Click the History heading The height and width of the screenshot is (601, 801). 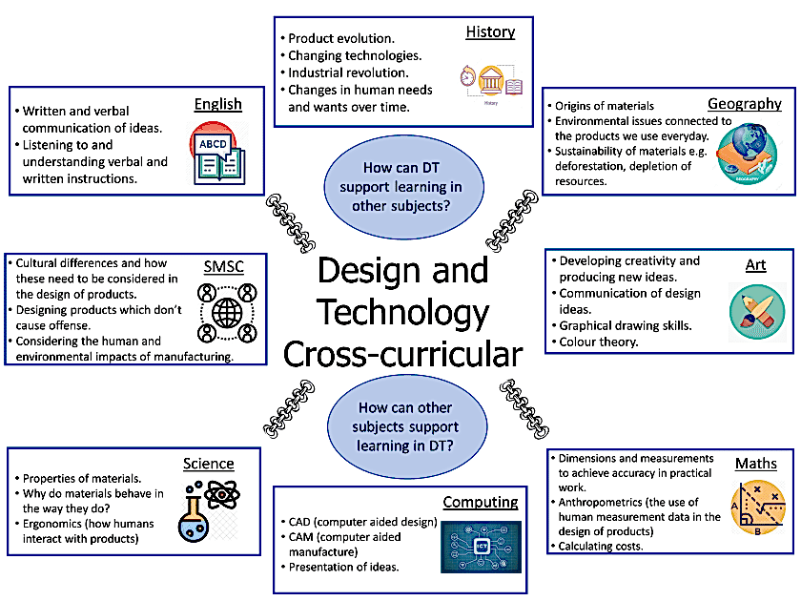coord(490,32)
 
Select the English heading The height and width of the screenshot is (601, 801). coord(217,104)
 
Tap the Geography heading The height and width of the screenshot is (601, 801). coord(744,104)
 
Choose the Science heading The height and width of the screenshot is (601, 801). coord(208,464)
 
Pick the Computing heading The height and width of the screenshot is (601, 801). coord(480,502)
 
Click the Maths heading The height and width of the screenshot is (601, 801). coord(755,465)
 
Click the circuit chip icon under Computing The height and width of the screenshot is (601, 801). coord(480,547)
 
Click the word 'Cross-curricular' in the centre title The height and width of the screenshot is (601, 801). coord(402,354)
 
